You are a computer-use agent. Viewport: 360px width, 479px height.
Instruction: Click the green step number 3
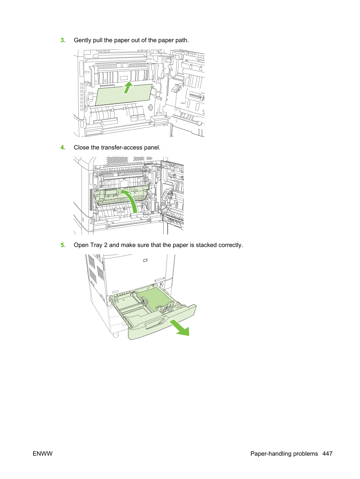coord(63,40)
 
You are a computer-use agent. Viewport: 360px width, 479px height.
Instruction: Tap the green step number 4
coord(63,147)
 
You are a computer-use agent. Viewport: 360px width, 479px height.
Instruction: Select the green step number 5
coord(63,245)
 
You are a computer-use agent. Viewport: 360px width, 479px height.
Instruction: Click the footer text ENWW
coord(43,454)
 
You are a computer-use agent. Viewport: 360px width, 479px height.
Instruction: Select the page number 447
coord(328,454)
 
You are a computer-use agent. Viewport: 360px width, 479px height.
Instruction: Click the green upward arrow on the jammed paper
coord(128,87)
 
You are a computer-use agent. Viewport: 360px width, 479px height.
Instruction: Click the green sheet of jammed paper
coord(124,95)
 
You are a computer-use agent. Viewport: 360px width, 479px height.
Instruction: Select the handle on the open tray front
coord(155,323)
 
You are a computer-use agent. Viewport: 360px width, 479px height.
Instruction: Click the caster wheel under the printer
coord(116,335)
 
